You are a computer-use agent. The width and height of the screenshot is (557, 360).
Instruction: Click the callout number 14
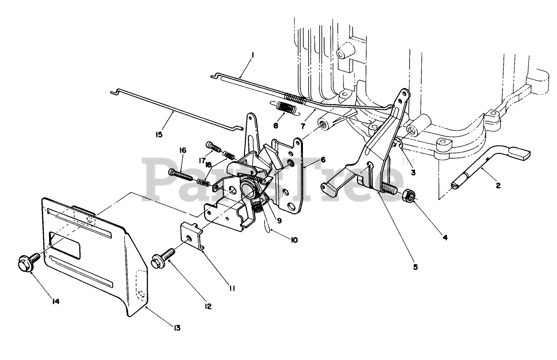point(55,301)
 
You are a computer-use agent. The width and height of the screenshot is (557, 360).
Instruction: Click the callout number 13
point(177,328)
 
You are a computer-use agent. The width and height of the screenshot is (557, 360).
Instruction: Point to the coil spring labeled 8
point(285,109)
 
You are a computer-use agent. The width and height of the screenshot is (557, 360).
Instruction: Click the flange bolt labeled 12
point(163,258)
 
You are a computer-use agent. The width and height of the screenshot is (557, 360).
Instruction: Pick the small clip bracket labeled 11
point(192,236)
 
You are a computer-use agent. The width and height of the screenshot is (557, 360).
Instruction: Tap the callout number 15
point(159,134)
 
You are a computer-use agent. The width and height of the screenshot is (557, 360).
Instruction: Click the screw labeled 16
point(181,175)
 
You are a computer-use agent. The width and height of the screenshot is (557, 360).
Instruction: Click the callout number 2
point(498,186)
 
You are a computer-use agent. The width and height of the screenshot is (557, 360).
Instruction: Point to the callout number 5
point(416,267)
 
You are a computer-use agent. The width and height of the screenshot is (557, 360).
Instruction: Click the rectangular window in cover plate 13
point(65,245)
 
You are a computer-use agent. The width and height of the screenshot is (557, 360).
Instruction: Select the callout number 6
point(323,160)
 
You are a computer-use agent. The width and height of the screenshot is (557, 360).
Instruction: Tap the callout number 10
point(294,240)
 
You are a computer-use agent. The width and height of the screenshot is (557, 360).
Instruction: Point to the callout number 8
point(276,126)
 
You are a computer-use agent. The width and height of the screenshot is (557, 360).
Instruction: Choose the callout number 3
point(413,172)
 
